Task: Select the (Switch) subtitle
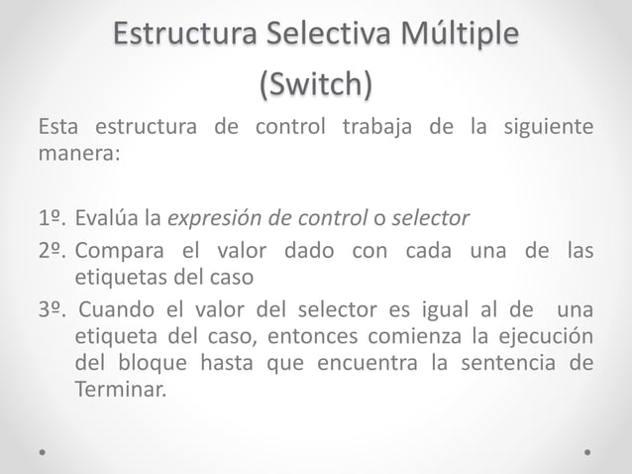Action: tap(316, 85)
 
